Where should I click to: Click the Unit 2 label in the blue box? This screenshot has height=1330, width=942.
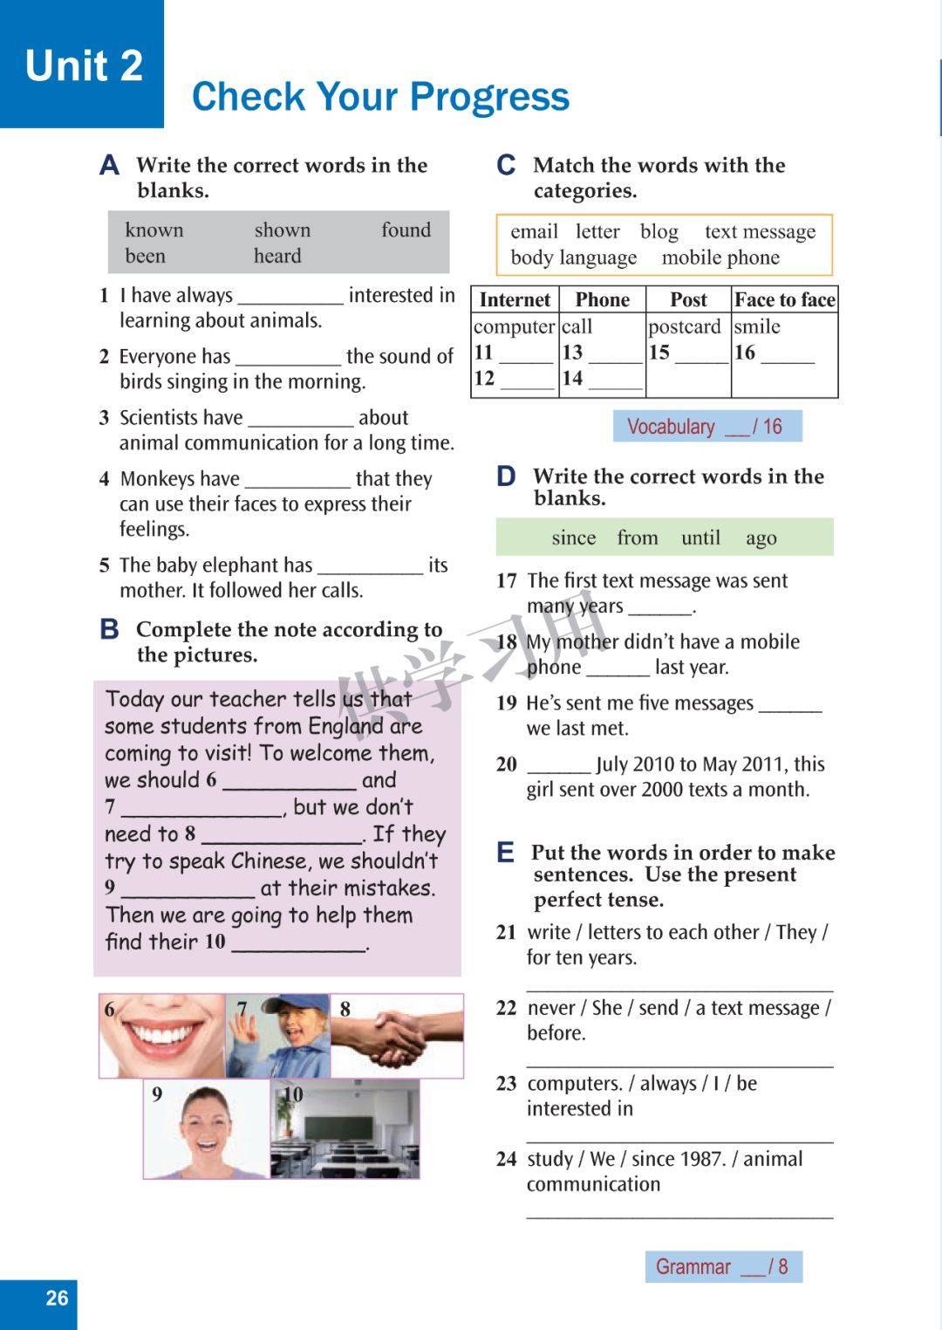[84, 65]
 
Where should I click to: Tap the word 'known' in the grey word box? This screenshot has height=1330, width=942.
[154, 230]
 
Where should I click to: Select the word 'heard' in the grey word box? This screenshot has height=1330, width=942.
[277, 257]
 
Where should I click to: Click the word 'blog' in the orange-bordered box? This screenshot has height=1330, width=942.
[659, 232]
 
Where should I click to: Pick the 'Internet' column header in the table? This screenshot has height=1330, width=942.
[515, 300]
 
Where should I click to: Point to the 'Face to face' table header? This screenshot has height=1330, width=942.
[784, 300]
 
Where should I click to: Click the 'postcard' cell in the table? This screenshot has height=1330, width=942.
[684, 327]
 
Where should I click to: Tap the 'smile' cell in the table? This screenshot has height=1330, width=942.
[756, 327]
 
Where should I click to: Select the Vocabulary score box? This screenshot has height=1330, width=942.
[706, 427]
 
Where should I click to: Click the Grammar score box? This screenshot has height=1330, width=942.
[723, 1267]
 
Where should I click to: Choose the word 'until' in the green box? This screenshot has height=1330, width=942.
[700, 538]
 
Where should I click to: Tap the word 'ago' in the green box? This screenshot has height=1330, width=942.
[761, 538]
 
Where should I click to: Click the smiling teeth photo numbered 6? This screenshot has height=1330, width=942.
[162, 1036]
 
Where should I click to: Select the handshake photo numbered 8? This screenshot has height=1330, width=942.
[397, 1036]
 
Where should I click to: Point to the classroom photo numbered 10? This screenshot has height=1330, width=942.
[345, 1129]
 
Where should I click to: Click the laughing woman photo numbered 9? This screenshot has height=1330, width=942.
[207, 1129]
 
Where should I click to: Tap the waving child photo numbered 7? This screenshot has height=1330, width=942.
[278, 1036]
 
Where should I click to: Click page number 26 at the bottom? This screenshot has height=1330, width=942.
[57, 1298]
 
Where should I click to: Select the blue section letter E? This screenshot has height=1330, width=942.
[506, 853]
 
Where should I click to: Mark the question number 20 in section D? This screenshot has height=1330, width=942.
[507, 764]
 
